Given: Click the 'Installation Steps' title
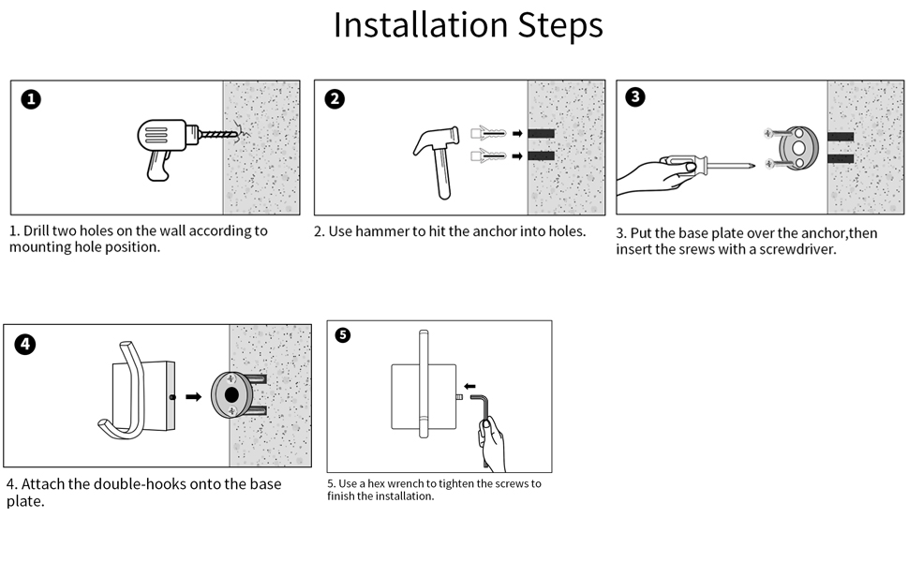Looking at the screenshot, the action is click(468, 25).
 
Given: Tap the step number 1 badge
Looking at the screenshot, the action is click(31, 99).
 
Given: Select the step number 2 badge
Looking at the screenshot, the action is click(335, 99).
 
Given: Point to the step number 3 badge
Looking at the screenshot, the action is click(635, 96).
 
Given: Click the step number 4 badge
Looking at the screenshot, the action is click(25, 344).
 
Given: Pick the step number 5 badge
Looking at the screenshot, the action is click(343, 334).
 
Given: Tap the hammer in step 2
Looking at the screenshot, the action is click(439, 155).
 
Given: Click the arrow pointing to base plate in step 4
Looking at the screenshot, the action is click(194, 396).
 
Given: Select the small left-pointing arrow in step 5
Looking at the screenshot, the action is click(469, 383).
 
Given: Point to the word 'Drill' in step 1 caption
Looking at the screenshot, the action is click(39, 230).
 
